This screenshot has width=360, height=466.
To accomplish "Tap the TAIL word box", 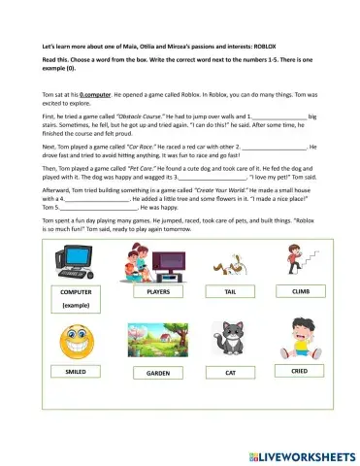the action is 230,291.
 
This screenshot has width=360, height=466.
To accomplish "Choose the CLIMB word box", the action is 301,290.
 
